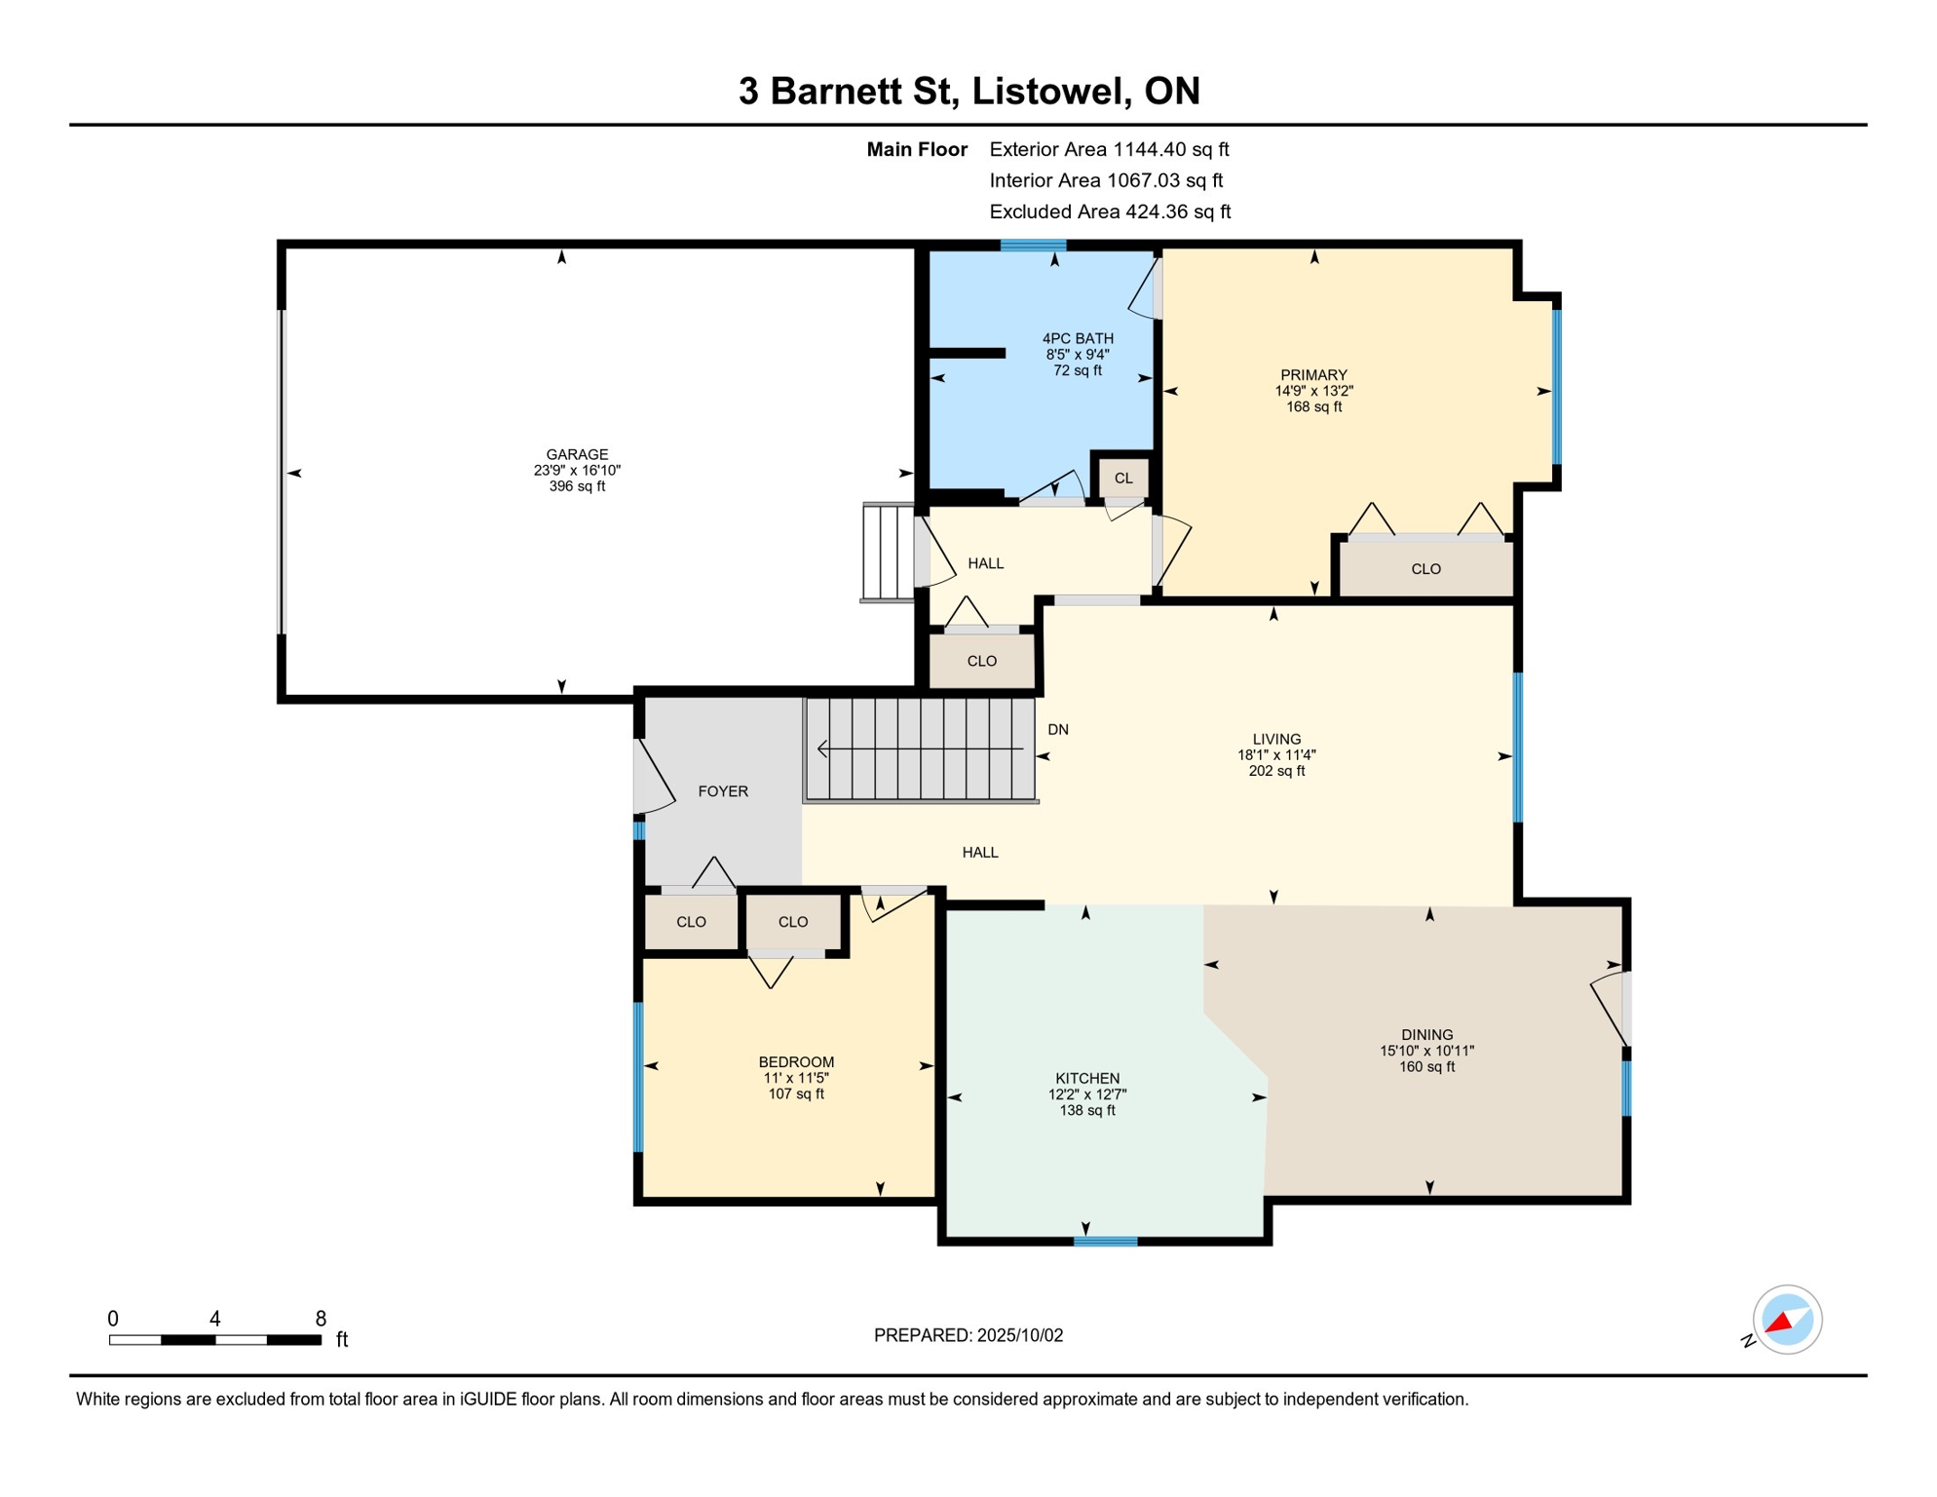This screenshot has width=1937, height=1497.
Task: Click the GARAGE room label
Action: point(577,454)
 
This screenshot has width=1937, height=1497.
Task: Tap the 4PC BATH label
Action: point(1078,338)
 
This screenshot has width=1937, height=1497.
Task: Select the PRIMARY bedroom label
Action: point(1313,375)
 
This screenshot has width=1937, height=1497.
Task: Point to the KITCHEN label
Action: point(1087,1078)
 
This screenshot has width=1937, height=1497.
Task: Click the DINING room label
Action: point(1427,1034)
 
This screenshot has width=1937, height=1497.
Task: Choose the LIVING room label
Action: point(1276,739)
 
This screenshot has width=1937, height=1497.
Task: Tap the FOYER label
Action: point(723,791)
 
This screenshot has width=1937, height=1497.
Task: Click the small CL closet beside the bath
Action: point(1123,478)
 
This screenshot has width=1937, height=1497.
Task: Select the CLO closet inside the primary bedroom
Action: point(1425,569)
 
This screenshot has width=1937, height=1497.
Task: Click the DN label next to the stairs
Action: point(1058,729)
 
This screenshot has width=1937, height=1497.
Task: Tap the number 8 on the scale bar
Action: point(321,1319)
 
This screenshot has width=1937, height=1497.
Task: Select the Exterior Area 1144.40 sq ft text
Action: point(1109,149)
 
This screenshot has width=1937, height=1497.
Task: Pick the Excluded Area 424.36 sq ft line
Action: point(1110,211)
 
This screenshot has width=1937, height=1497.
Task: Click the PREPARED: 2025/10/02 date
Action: point(968,1335)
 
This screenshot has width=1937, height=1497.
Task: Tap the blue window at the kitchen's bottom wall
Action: point(1105,1242)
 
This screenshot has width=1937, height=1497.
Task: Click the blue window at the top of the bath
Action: point(1033,246)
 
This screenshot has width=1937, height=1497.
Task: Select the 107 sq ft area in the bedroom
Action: point(796,1094)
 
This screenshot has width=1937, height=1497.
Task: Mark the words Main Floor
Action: point(917,149)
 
